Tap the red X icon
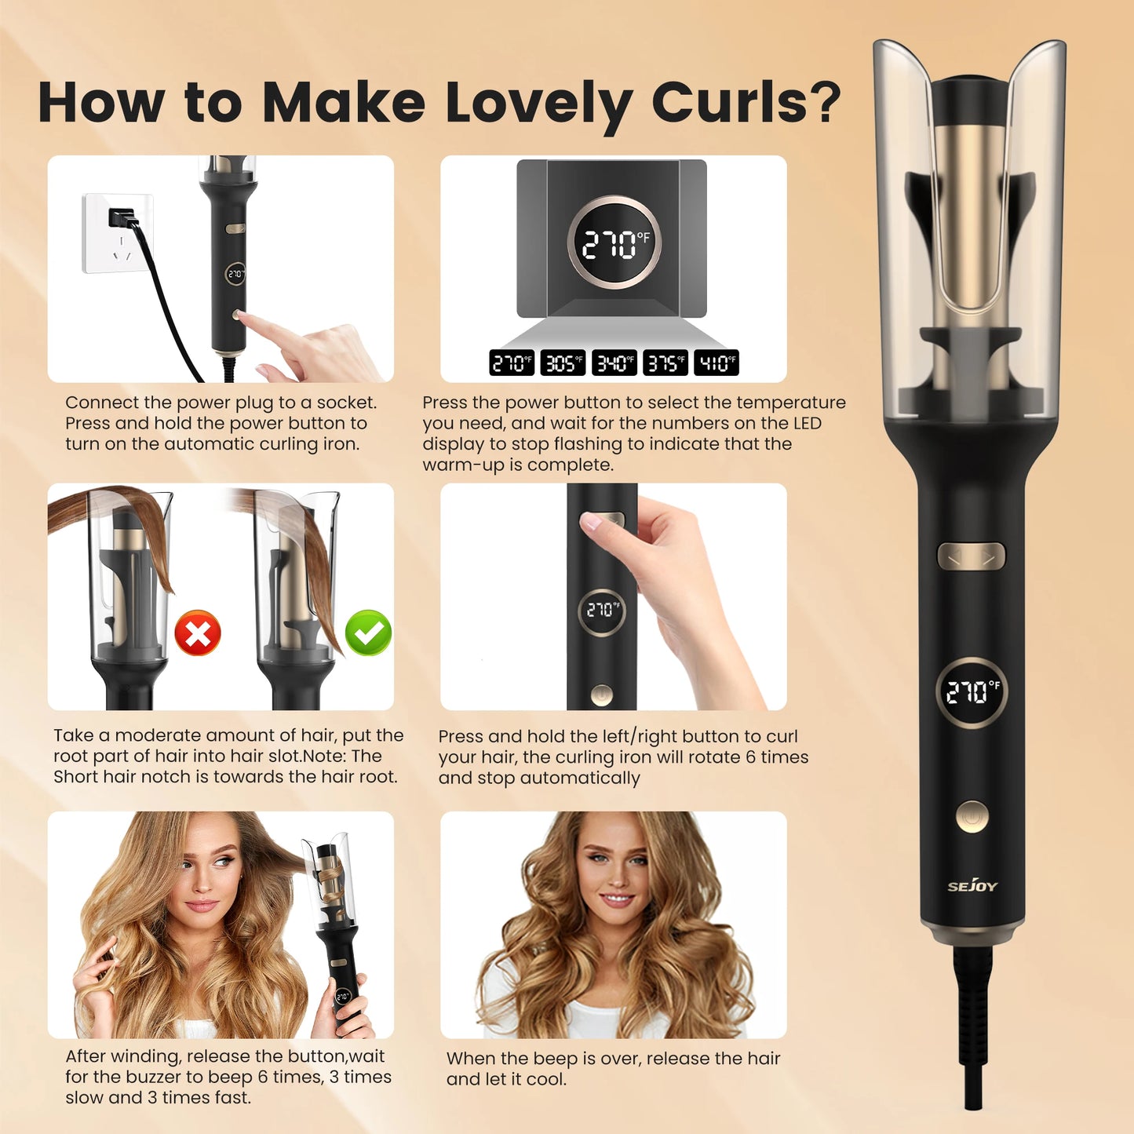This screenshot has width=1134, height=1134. (197, 633)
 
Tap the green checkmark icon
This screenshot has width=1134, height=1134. (368, 633)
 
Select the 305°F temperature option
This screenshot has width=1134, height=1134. (563, 363)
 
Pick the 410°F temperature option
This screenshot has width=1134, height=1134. (716, 363)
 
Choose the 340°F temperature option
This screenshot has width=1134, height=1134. (614, 363)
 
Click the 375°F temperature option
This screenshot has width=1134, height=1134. (665, 363)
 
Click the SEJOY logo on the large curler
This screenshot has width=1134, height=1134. (972, 886)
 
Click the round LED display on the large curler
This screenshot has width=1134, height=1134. (972, 692)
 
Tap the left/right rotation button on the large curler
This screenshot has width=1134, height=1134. (972, 557)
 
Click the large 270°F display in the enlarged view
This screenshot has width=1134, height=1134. (614, 242)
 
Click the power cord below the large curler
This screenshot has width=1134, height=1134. (973, 1020)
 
